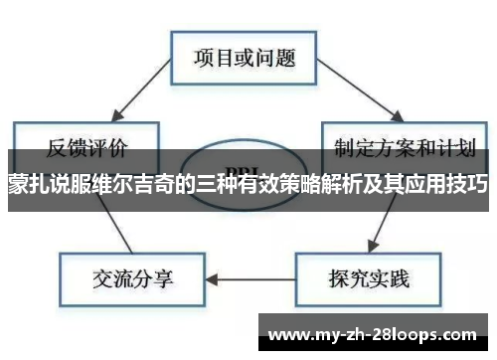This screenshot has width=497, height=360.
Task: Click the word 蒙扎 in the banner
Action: pos(28,184)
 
